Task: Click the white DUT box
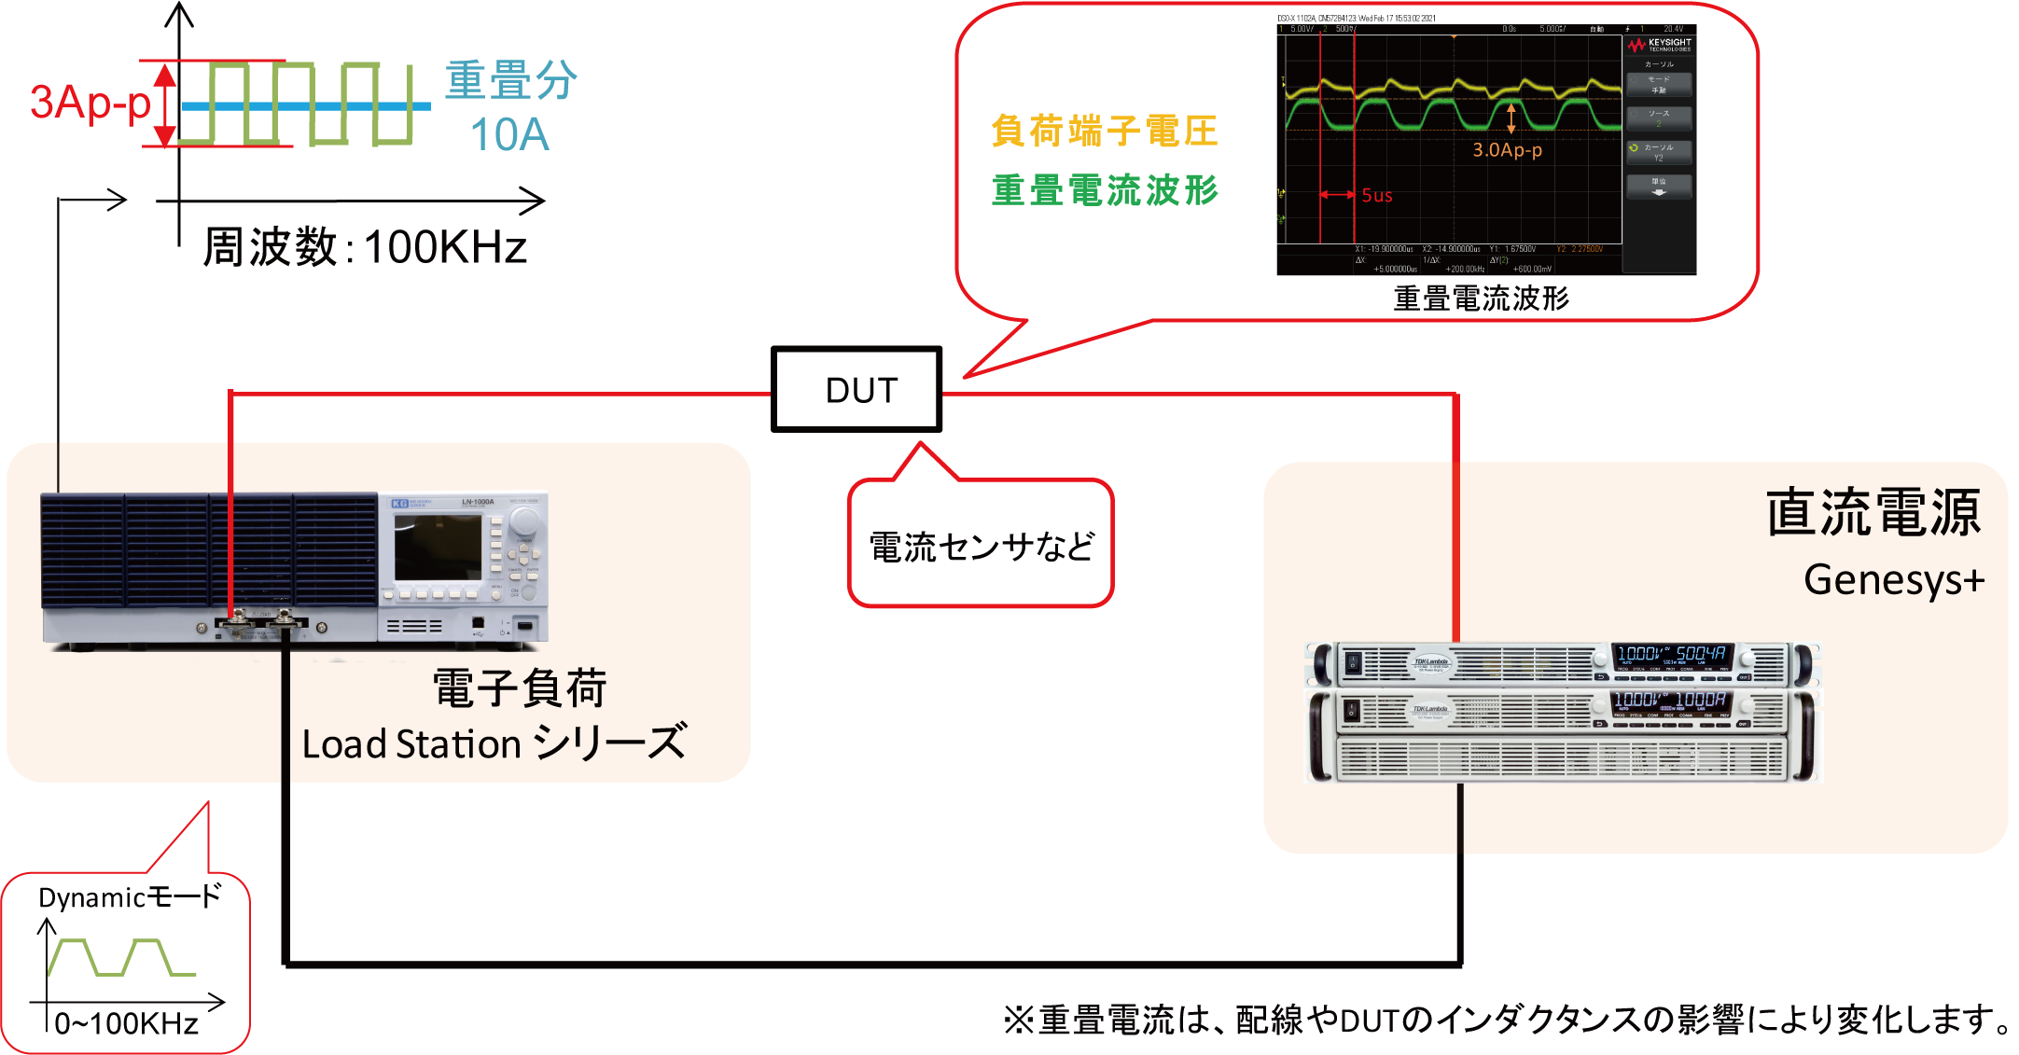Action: (856, 390)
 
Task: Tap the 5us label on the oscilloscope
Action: (1376, 195)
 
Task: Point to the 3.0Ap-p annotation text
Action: (1507, 150)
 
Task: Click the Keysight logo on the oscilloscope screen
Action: (1660, 45)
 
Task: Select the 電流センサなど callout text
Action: (981, 547)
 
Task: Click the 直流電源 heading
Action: (1873, 513)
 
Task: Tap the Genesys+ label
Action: (1893, 580)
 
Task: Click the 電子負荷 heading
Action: (520, 689)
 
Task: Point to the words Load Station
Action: (411, 744)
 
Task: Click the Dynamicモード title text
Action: (130, 897)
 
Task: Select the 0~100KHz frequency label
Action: (126, 1023)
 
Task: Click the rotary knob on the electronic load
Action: (525, 519)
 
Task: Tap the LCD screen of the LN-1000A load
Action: (438, 548)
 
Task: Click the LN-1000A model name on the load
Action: (478, 502)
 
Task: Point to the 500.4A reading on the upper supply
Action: (1701, 654)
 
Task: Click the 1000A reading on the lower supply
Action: (1701, 700)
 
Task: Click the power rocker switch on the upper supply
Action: (1352, 664)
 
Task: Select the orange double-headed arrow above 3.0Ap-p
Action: (1511, 118)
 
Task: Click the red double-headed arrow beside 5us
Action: (1337, 195)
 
